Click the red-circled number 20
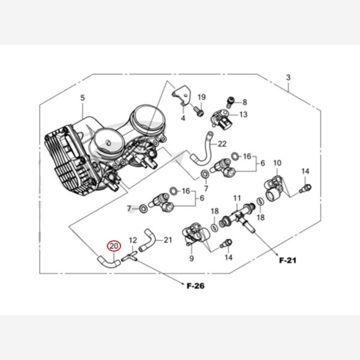[x=114, y=246]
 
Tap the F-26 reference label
[x=196, y=286]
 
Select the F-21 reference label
[x=287, y=260]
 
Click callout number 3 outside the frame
[x=288, y=77]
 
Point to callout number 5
[x=82, y=98]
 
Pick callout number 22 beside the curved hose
[x=222, y=144]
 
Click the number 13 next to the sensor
[x=244, y=115]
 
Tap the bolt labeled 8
[x=230, y=102]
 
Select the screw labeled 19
[x=199, y=112]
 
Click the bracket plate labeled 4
[x=182, y=95]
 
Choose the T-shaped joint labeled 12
[x=130, y=256]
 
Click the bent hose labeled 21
[x=147, y=240]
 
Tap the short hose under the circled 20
[x=109, y=262]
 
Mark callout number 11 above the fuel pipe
[x=237, y=198]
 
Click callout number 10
[x=277, y=163]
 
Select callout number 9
[x=191, y=258]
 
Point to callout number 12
[x=133, y=241]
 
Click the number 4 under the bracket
[x=183, y=118]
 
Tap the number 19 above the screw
[x=202, y=97]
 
